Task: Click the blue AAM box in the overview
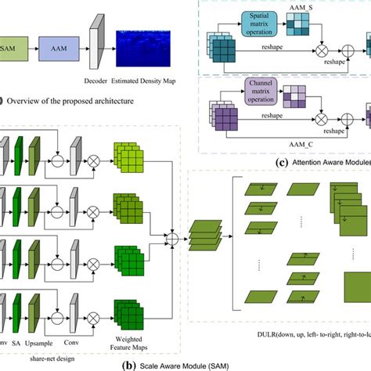point(58,49)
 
